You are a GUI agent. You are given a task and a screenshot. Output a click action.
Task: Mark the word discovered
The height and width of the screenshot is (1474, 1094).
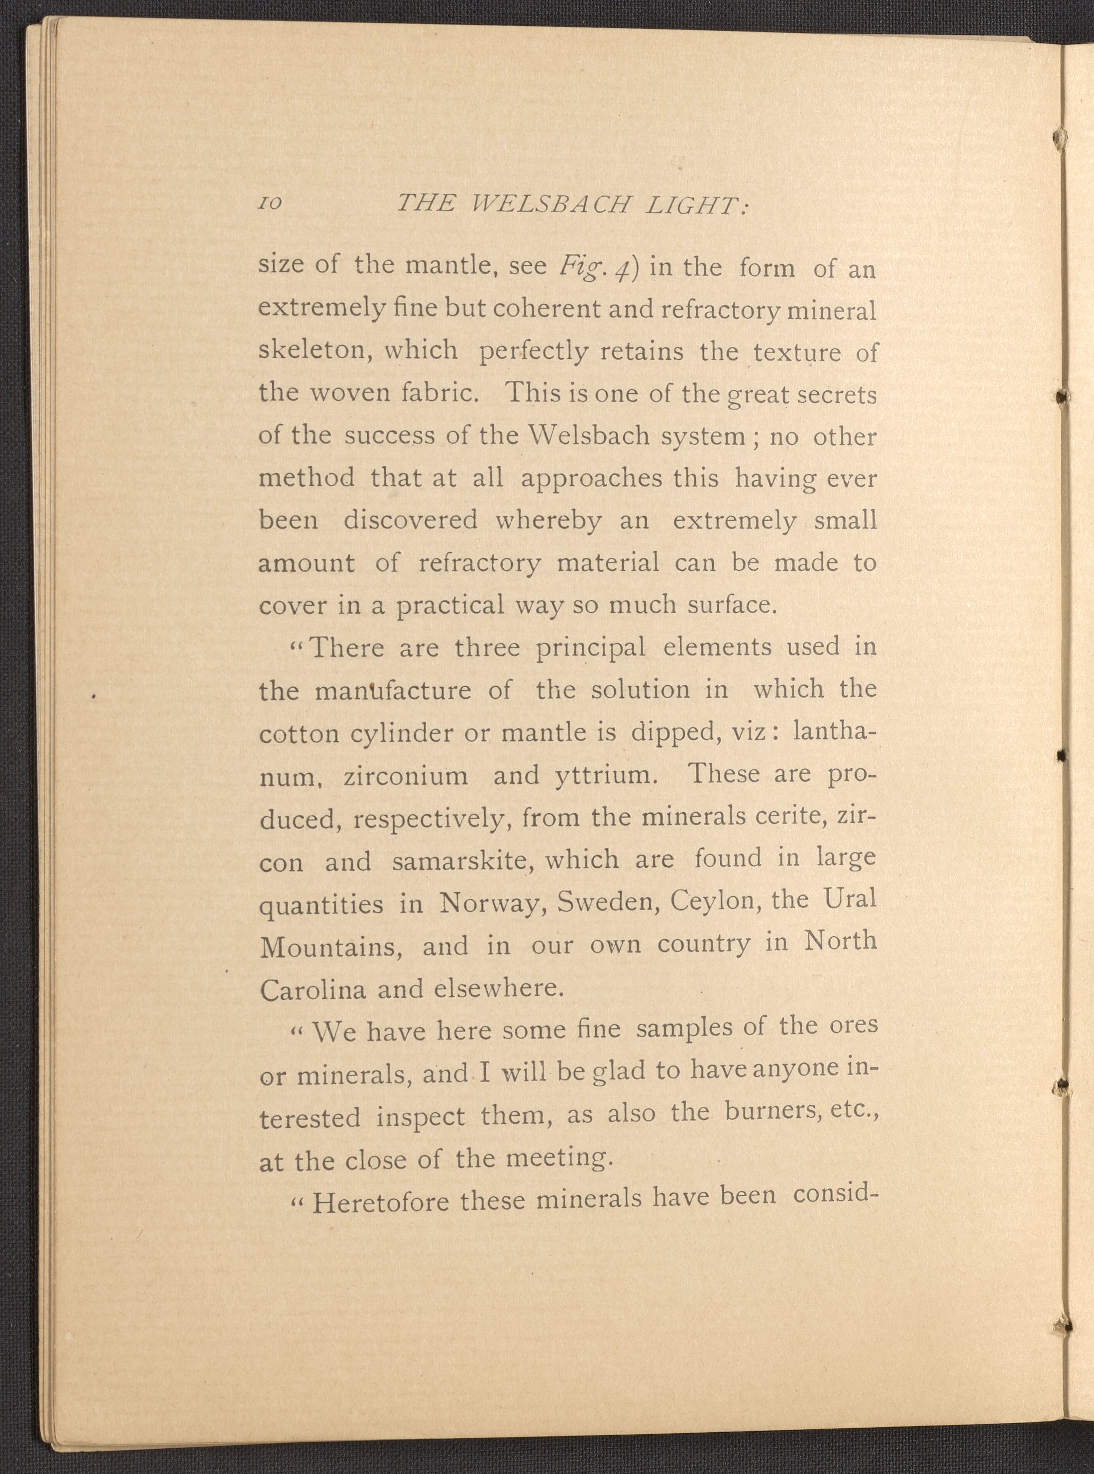coord(410,520)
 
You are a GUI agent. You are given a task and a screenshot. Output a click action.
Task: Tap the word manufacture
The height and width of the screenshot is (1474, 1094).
coord(393,691)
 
